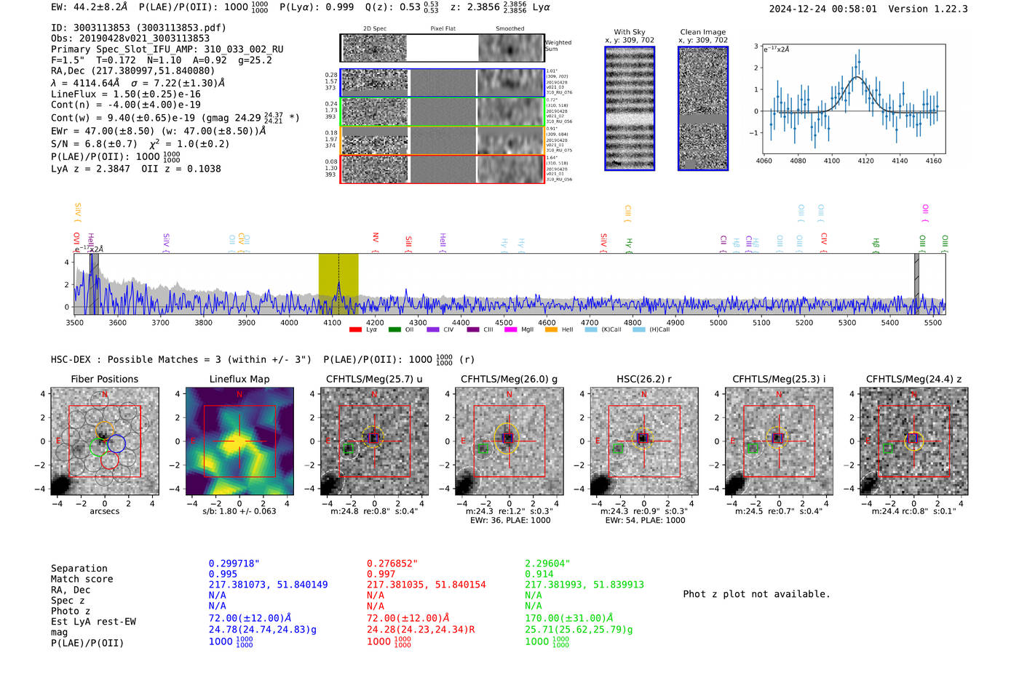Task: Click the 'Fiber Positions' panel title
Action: pos(104,379)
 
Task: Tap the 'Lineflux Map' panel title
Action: pos(239,379)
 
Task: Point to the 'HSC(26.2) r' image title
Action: pos(643,379)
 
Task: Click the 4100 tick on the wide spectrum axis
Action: pos(332,322)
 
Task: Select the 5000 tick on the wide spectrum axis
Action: pos(718,322)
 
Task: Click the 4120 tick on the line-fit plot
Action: pos(865,161)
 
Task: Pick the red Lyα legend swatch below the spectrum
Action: pos(355,329)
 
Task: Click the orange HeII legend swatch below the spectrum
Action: pos(551,329)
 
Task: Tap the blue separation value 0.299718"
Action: pos(234,564)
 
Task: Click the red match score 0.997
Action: pos(381,574)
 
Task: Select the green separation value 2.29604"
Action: pos(547,564)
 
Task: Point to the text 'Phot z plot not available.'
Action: pos(756,594)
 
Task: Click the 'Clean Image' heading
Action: pos(702,32)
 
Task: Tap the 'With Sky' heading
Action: pos(630,32)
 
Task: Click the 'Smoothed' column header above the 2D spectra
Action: pos(509,29)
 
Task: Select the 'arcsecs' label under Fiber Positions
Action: pos(104,511)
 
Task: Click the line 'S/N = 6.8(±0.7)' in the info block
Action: pos(94,144)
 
